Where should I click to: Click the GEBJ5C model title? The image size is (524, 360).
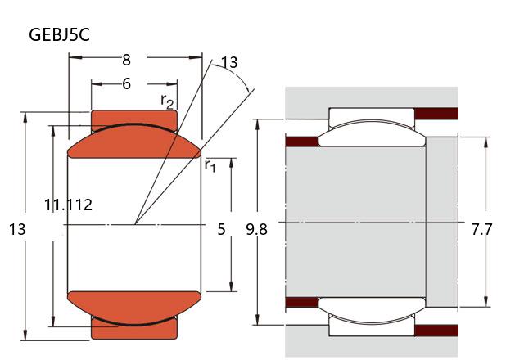click(x=59, y=34)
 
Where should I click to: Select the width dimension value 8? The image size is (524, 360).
click(x=126, y=60)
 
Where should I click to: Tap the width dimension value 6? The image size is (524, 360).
click(x=126, y=83)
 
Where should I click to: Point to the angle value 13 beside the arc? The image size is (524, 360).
click(x=229, y=62)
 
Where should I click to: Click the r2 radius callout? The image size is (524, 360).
click(x=167, y=101)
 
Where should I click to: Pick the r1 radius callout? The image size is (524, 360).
click(x=210, y=165)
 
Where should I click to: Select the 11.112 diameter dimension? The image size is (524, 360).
click(x=68, y=205)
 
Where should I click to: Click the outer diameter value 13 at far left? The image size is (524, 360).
click(x=17, y=229)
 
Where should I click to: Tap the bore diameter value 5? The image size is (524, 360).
click(x=221, y=229)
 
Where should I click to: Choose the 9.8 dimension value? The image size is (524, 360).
click(x=256, y=229)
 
